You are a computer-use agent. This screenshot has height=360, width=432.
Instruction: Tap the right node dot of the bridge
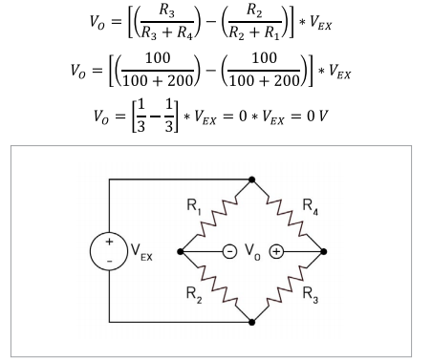pos(326,252)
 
